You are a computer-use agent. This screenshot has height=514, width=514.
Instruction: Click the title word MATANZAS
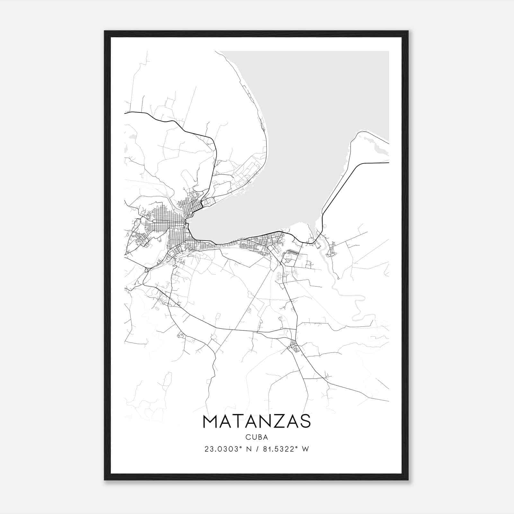[x=257, y=421]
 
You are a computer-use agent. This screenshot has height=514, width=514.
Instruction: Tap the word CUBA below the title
[x=257, y=437]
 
